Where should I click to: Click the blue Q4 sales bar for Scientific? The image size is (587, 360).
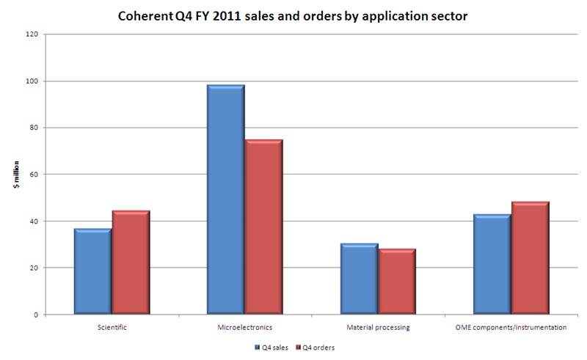pyautogui.click(x=92, y=272)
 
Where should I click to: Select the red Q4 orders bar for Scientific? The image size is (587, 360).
pyautogui.click(x=131, y=263)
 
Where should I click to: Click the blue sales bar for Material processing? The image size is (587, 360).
pyautogui.click(x=359, y=279)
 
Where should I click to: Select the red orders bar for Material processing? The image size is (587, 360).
pyautogui.click(x=397, y=282)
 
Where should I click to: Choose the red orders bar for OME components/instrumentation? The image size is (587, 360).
pyautogui.click(x=530, y=258)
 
